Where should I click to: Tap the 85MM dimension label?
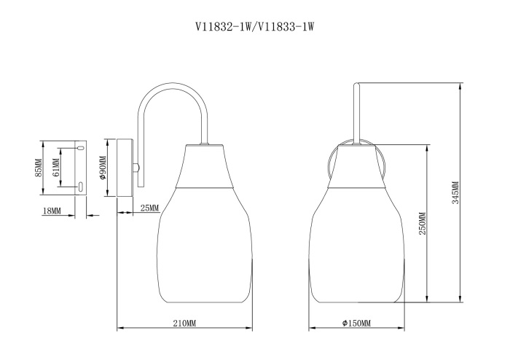(x=39, y=168)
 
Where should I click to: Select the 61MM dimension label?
(x=55, y=168)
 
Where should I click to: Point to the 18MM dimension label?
(x=51, y=211)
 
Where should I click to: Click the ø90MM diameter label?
(x=103, y=168)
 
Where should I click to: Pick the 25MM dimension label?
(x=149, y=208)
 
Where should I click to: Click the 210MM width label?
(x=185, y=323)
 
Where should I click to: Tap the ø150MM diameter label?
(x=356, y=323)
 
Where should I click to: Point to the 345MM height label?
(x=455, y=193)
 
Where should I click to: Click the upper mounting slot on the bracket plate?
(x=80, y=148)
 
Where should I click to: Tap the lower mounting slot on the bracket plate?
(x=80, y=187)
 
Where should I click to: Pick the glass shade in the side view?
(x=203, y=248)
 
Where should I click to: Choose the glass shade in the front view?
(x=357, y=248)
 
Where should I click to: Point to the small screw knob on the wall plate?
(x=137, y=167)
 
